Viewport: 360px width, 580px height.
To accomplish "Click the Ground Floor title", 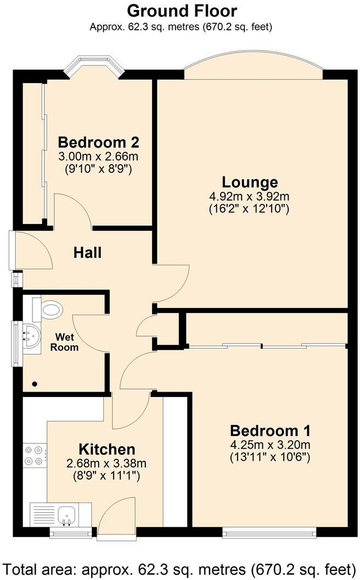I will [182, 10].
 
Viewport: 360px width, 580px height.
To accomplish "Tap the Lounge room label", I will [250, 182].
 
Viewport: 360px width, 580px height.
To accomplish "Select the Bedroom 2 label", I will [99, 142].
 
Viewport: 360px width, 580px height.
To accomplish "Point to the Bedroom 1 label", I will [270, 430].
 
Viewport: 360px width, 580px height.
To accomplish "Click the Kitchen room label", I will [106, 449].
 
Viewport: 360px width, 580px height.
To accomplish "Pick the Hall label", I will [88, 253].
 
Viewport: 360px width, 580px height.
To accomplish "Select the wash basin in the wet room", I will [30, 335].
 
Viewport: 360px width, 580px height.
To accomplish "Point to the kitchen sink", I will [68, 514].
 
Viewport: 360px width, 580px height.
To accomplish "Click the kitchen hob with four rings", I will [35, 455].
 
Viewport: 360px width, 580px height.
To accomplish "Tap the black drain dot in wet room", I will [35, 383].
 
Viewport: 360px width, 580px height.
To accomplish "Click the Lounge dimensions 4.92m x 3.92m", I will [250, 197].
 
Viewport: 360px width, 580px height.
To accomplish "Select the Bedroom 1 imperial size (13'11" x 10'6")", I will [270, 456].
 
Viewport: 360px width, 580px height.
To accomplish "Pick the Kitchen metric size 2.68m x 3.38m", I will [106, 462].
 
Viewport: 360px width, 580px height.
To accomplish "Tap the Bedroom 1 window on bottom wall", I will [269, 531].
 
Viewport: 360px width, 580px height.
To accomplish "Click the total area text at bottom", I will [180, 567].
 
